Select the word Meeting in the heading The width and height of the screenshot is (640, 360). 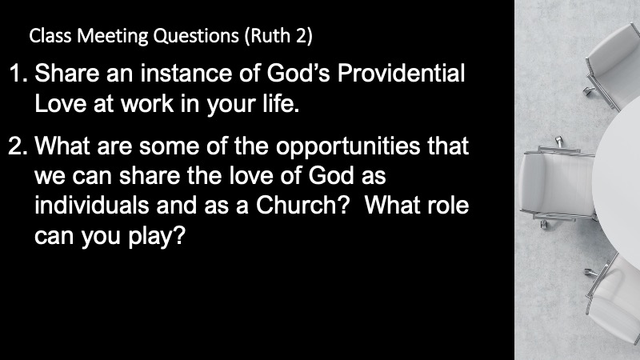tap(112, 36)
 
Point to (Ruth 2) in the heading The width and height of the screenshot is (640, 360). tap(278, 36)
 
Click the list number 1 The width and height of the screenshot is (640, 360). tap(18, 74)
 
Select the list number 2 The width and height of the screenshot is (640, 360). tap(18, 146)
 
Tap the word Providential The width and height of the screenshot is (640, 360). tap(401, 73)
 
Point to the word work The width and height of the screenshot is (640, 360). tap(147, 104)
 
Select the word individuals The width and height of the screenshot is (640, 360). tap(91, 205)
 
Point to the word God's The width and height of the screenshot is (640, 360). tap(298, 73)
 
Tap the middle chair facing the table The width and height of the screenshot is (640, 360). tap(558, 182)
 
